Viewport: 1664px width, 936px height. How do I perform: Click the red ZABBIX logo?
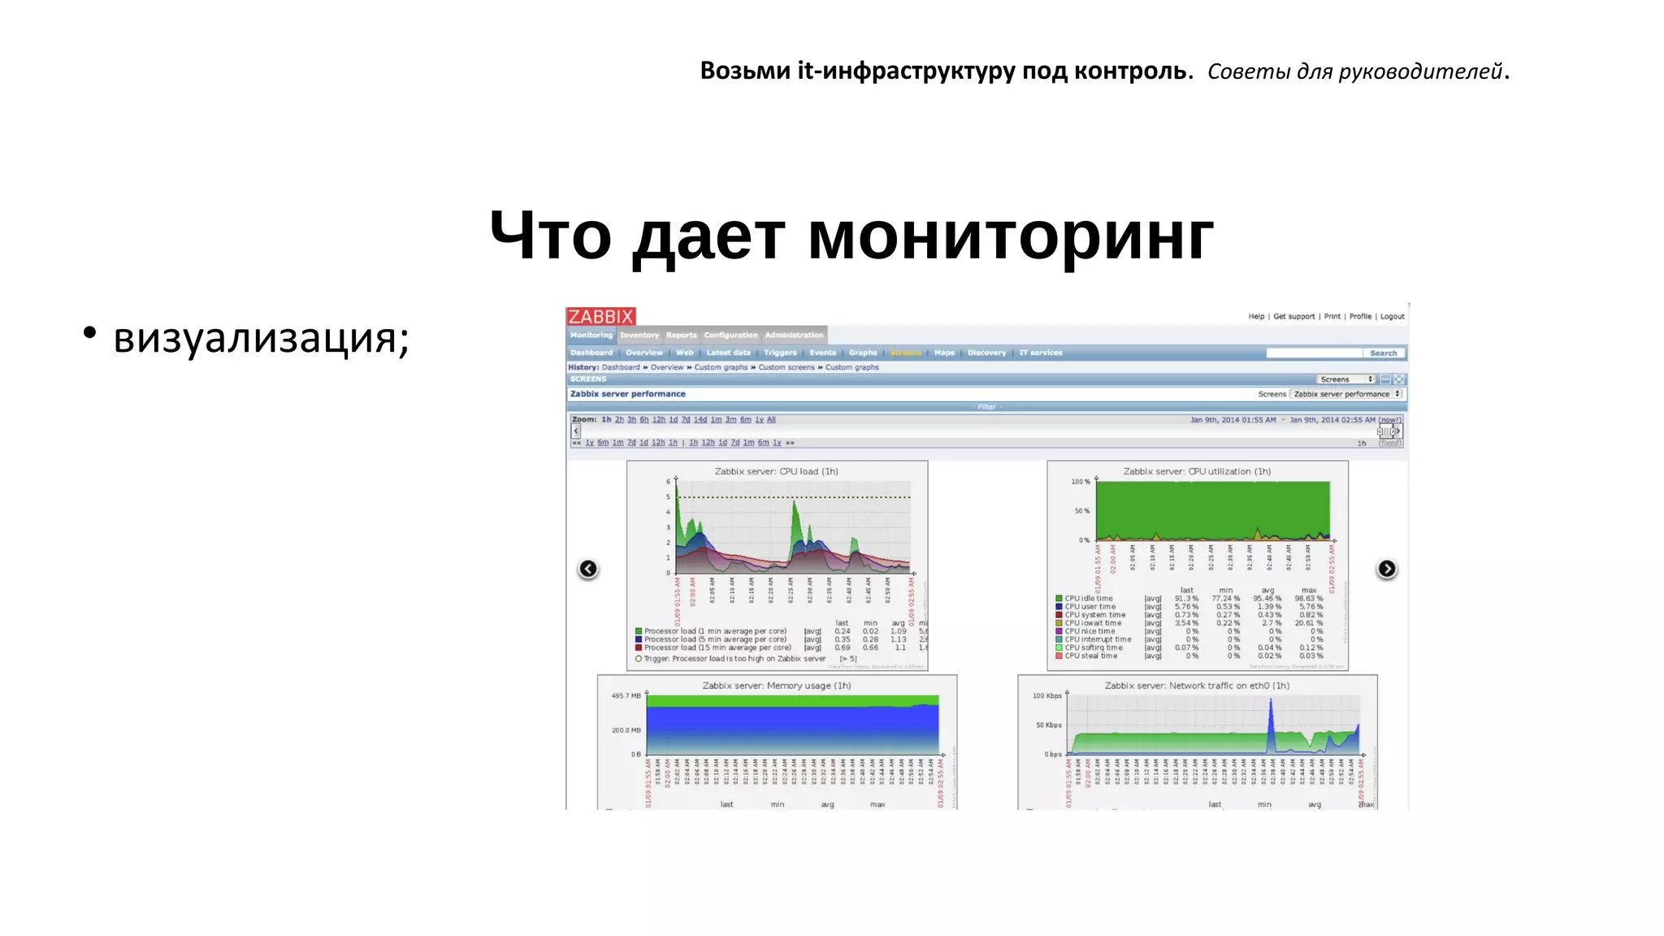pyautogui.click(x=600, y=316)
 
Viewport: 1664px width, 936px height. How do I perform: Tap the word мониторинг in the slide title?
pyautogui.click(x=1010, y=236)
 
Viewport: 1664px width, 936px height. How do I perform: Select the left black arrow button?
pyautogui.click(x=588, y=569)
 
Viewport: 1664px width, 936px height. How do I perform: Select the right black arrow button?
pyautogui.click(x=1386, y=569)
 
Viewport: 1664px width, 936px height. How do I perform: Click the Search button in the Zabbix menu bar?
pyautogui.click(x=1383, y=353)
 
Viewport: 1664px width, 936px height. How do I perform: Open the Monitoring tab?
pyautogui.click(x=591, y=335)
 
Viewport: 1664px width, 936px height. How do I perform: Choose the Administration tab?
pyautogui.click(x=794, y=335)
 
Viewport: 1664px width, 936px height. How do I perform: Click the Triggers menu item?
pyautogui.click(x=780, y=353)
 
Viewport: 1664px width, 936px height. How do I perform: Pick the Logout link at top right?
pyautogui.click(x=1392, y=316)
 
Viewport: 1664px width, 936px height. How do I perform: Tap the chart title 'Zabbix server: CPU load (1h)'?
pyautogui.click(x=776, y=471)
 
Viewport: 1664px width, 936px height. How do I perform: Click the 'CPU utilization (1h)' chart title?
pyautogui.click(x=1197, y=471)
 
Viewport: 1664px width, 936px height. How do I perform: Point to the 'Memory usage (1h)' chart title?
pyautogui.click(x=777, y=686)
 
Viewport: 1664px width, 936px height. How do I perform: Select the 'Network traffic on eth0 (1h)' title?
pyautogui.click(x=1197, y=686)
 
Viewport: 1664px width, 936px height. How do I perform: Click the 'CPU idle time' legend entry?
pyautogui.click(x=1089, y=599)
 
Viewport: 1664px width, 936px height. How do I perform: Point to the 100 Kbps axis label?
pyautogui.click(x=1046, y=695)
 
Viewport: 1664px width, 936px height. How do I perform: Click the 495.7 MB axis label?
pyautogui.click(x=626, y=695)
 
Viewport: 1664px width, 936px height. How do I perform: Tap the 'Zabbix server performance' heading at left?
pyautogui.click(x=628, y=394)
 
